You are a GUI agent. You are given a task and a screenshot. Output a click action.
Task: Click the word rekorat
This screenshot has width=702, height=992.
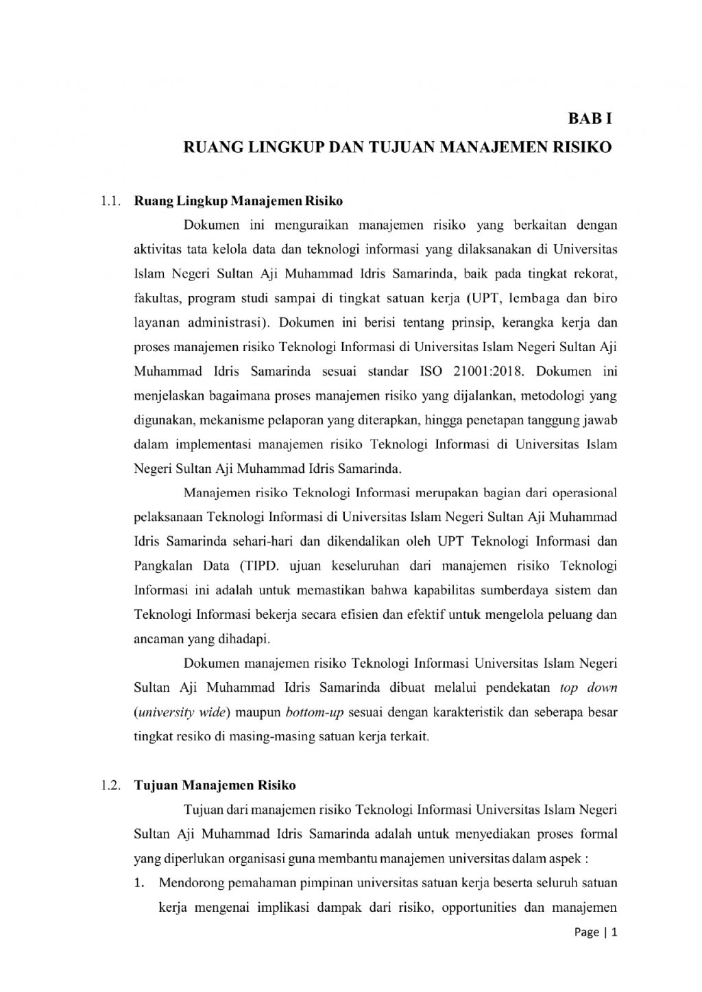[x=598, y=274]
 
